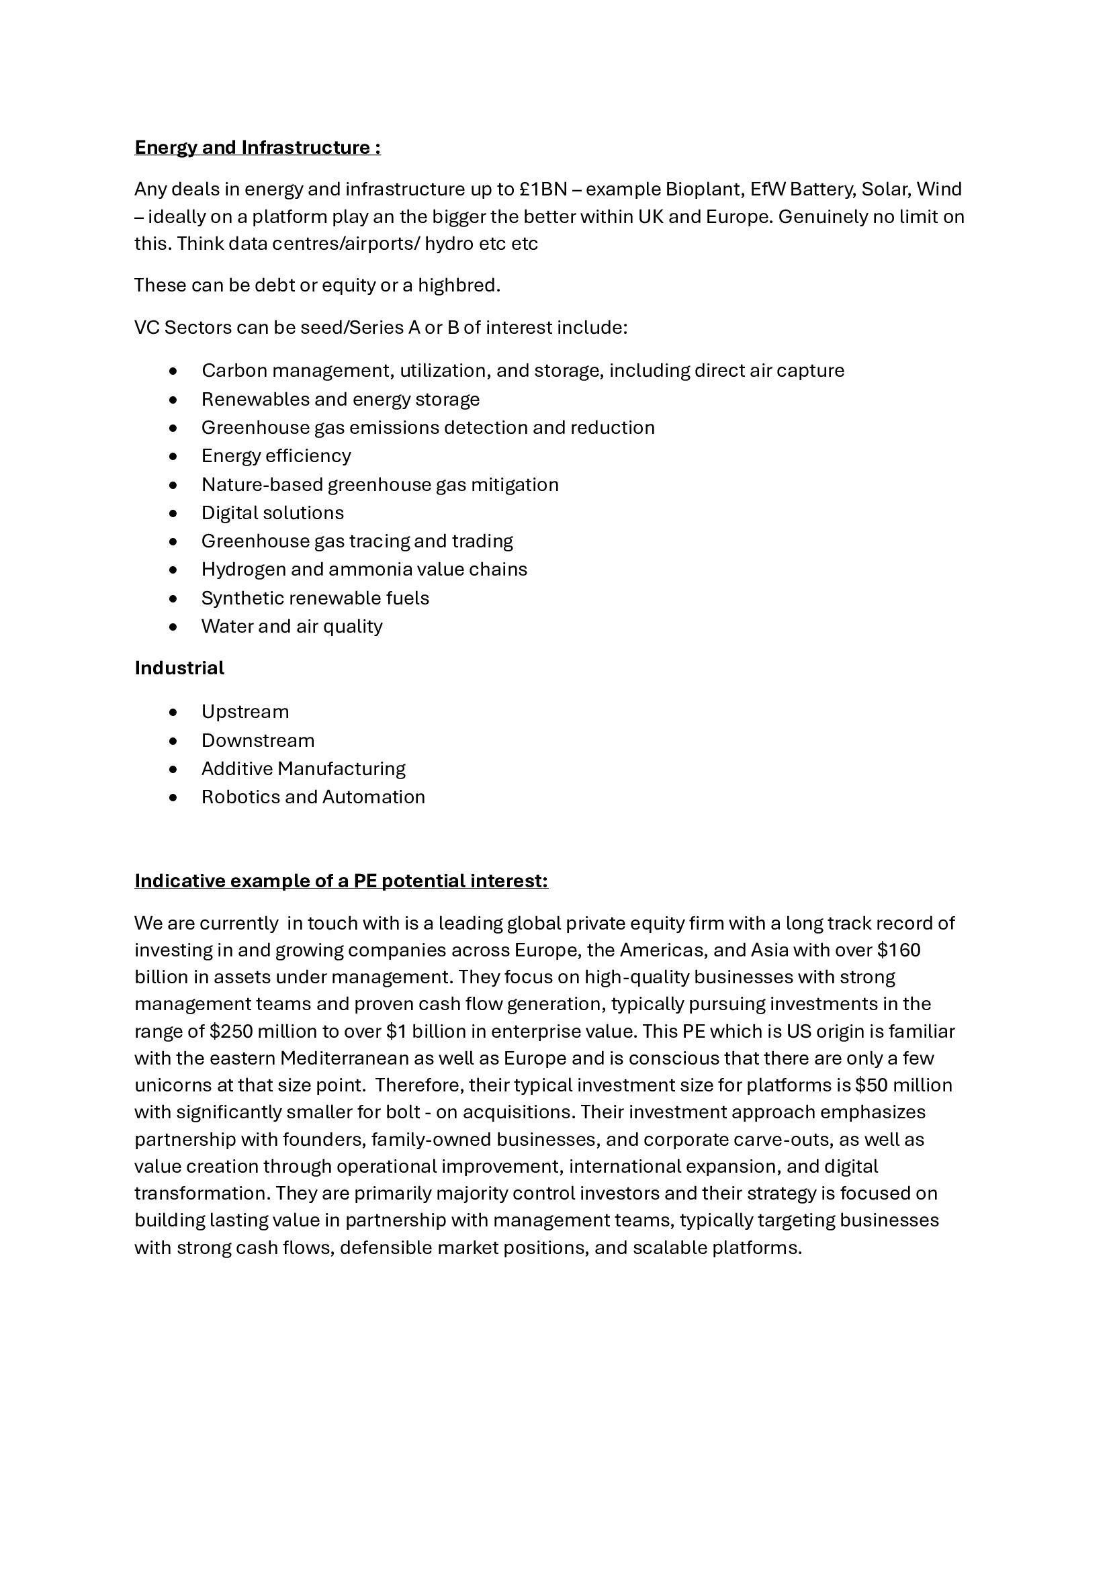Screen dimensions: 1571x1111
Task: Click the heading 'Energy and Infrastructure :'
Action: point(257,148)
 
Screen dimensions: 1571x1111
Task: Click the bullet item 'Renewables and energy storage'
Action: point(340,400)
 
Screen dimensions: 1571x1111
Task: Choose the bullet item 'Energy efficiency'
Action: point(275,455)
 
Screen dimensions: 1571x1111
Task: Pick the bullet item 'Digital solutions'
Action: point(272,513)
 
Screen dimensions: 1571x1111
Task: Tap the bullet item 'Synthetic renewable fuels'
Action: point(314,598)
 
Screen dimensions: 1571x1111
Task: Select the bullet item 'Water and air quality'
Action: point(292,627)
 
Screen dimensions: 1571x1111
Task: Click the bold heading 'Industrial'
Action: point(179,668)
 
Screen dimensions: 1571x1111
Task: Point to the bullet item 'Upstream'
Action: point(245,712)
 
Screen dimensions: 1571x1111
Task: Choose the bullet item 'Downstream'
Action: point(258,741)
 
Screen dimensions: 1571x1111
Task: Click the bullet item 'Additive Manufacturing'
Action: point(303,769)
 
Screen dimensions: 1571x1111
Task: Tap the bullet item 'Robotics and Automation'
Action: point(312,797)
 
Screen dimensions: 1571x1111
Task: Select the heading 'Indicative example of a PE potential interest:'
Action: point(341,881)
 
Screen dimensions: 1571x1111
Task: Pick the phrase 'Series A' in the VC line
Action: point(384,328)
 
